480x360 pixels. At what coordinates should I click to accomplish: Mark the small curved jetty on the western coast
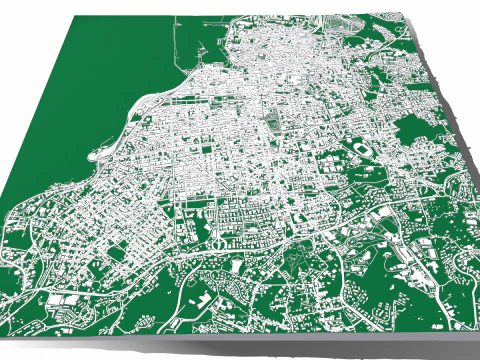coord(97,154)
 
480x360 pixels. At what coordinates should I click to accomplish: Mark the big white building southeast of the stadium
coord(382,212)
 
